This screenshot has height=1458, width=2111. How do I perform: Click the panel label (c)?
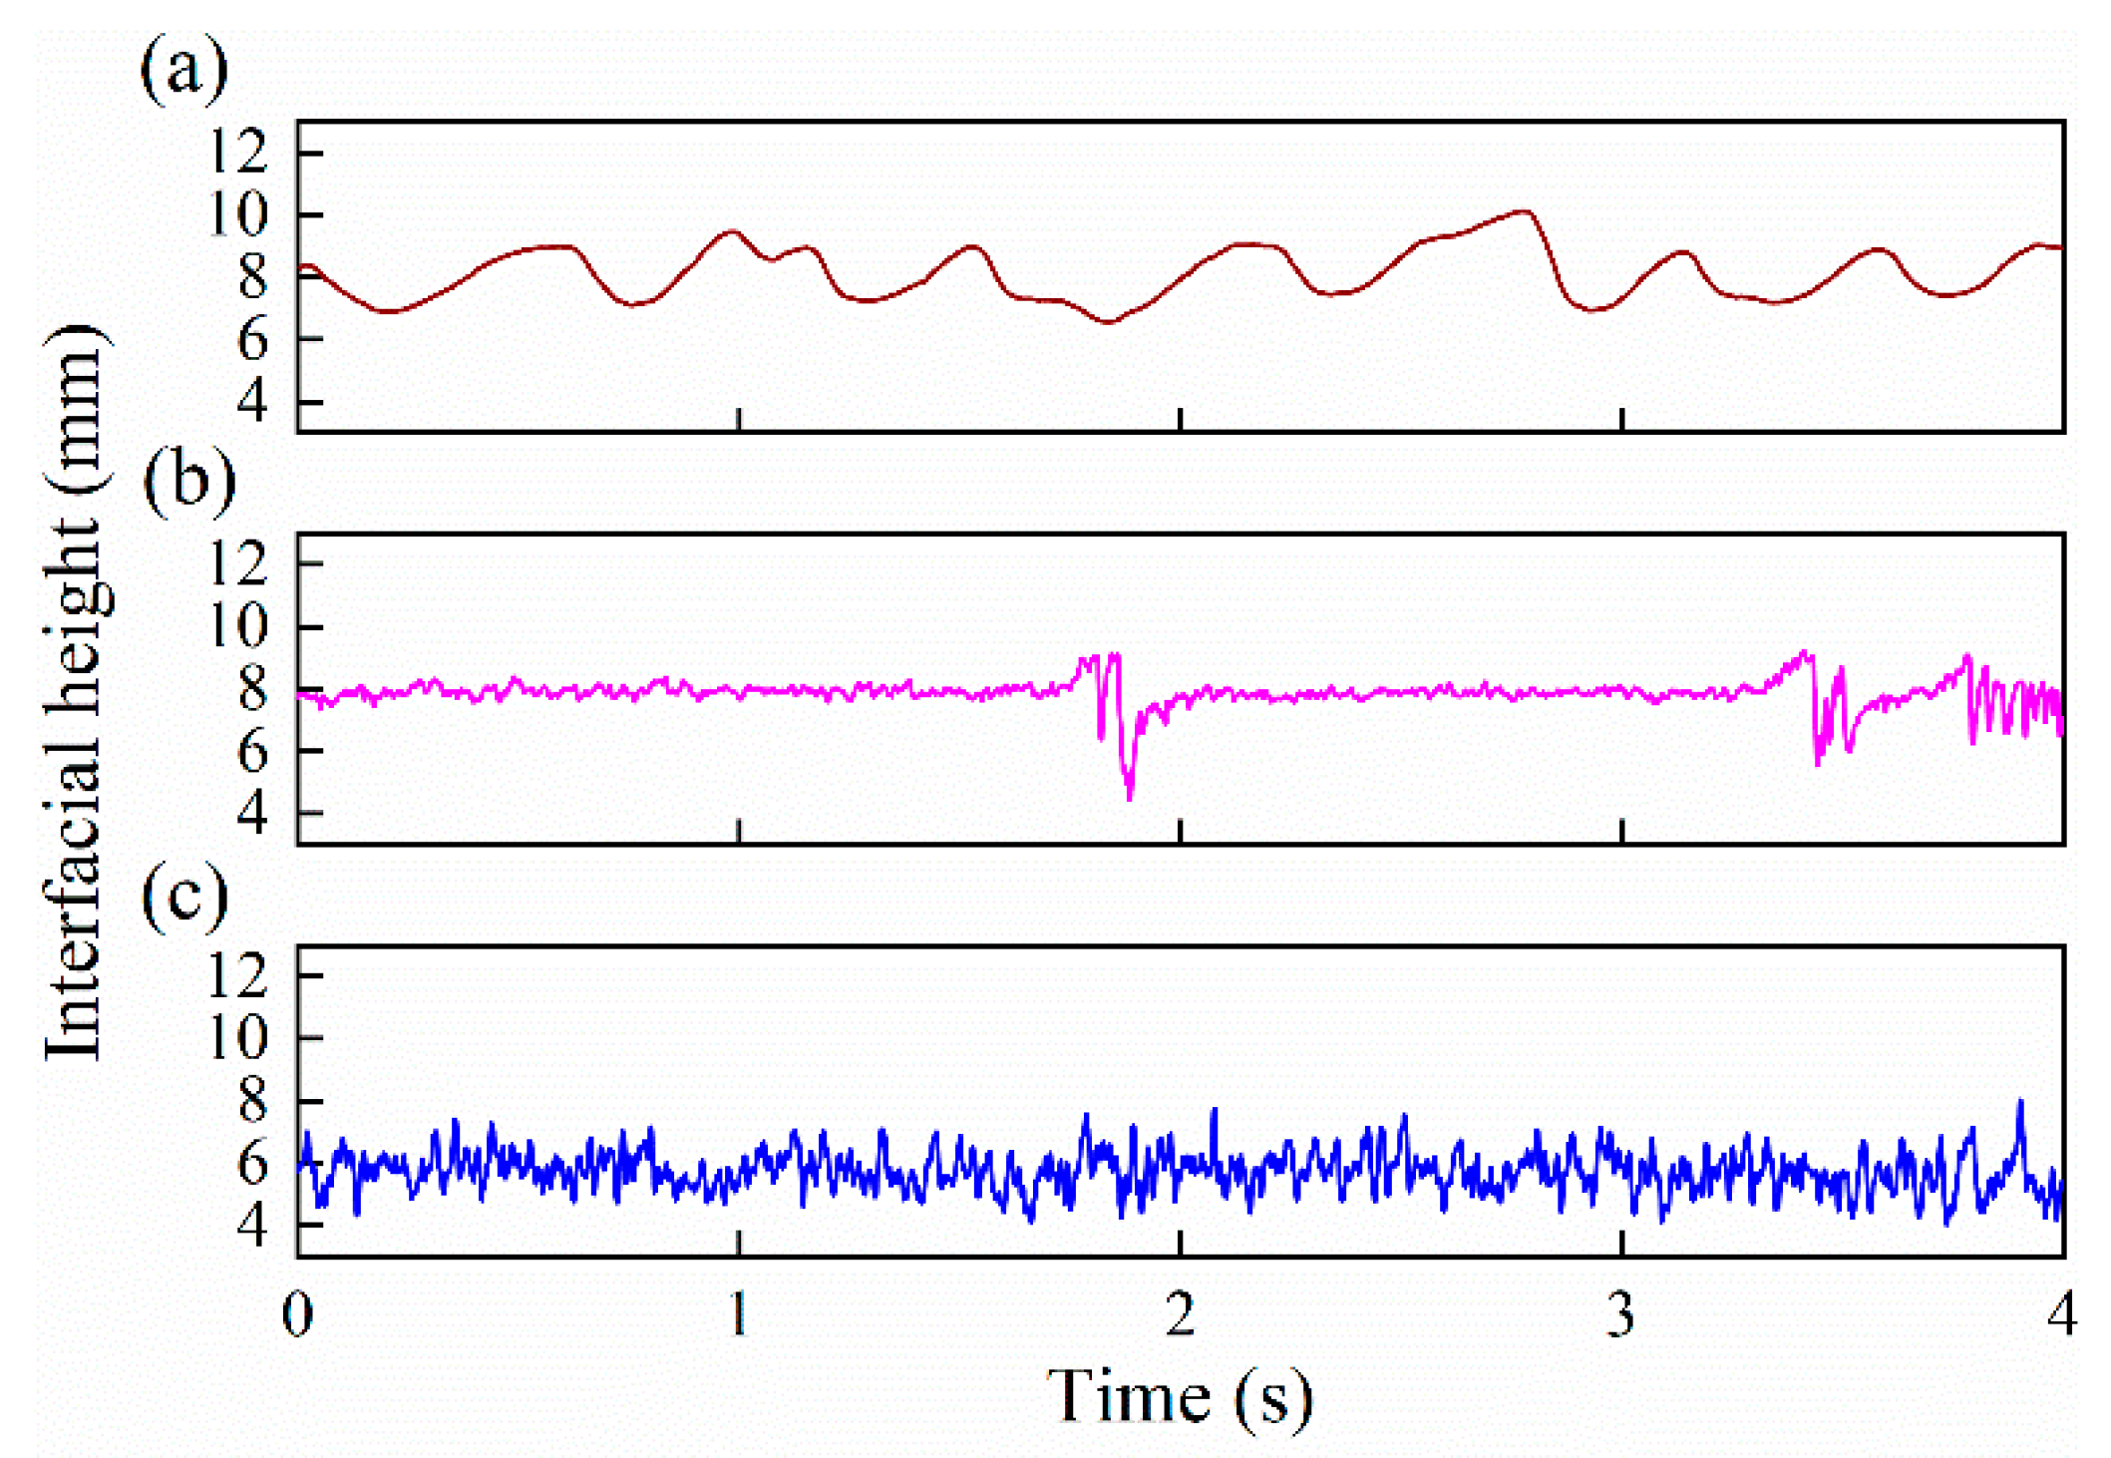(x=185, y=896)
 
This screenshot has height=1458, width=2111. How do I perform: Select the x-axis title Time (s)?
(x=1179, y=1395)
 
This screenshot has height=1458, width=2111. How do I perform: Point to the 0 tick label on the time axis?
(x=297, y=1314)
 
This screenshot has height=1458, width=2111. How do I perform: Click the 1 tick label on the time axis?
(x=738, y=1314)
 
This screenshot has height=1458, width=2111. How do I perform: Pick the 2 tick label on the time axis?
(x=1180, y=1314)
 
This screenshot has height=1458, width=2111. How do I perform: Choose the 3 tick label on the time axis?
(x=1621, y=1314)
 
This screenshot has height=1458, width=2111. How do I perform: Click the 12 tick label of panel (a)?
(x=239, y=152)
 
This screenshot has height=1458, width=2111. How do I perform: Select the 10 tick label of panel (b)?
(x=239, y=626)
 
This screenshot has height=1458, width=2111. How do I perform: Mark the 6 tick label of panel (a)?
(x=253, y=339)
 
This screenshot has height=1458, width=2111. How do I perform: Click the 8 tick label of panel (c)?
(x=253, y=1100)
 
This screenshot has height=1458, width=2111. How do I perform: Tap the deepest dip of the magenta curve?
(x=1129, y=798)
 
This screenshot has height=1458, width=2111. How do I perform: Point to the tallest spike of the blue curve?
(x=2020, y=1102)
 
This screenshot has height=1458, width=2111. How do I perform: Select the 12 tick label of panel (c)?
(x=239, y=974)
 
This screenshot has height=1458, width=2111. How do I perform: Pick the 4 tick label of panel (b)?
(x=253, y=813)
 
